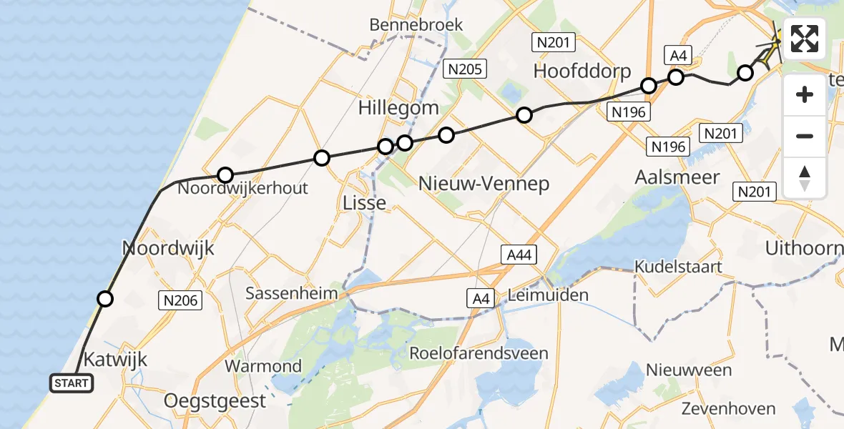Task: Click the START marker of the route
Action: tap(72, 383)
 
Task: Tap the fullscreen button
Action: tap(805, 39)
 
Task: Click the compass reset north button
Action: tap(805, 178)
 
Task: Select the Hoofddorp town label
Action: tap(583, 71)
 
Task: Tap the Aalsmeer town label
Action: tap(677, 178)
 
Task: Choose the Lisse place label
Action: tap(365, 203)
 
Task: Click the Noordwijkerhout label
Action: tap(242, 189)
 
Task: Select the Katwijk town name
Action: tap(116, 359)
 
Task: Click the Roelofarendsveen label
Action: tap(479, 353)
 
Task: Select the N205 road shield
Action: tap(465, 69)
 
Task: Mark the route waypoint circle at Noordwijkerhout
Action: tap(225, 174)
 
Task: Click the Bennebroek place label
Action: tap(416, 25)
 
